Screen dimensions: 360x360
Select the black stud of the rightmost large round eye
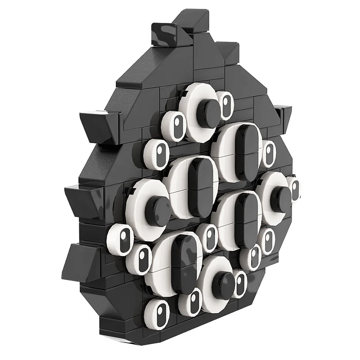point(282,199)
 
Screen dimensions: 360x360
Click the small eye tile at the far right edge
point(294,189)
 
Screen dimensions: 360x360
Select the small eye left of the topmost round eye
point(175,124)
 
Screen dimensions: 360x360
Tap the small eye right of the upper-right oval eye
point(269,154)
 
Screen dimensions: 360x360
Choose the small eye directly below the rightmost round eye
point(268,241)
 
